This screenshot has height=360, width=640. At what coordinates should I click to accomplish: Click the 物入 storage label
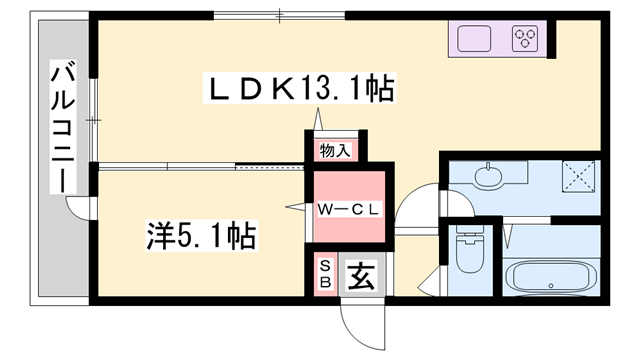click(334, 151)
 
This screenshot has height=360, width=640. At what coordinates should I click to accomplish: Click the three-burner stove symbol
click(526, 40)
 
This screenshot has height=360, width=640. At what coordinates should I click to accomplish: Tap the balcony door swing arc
click(77, 207)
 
